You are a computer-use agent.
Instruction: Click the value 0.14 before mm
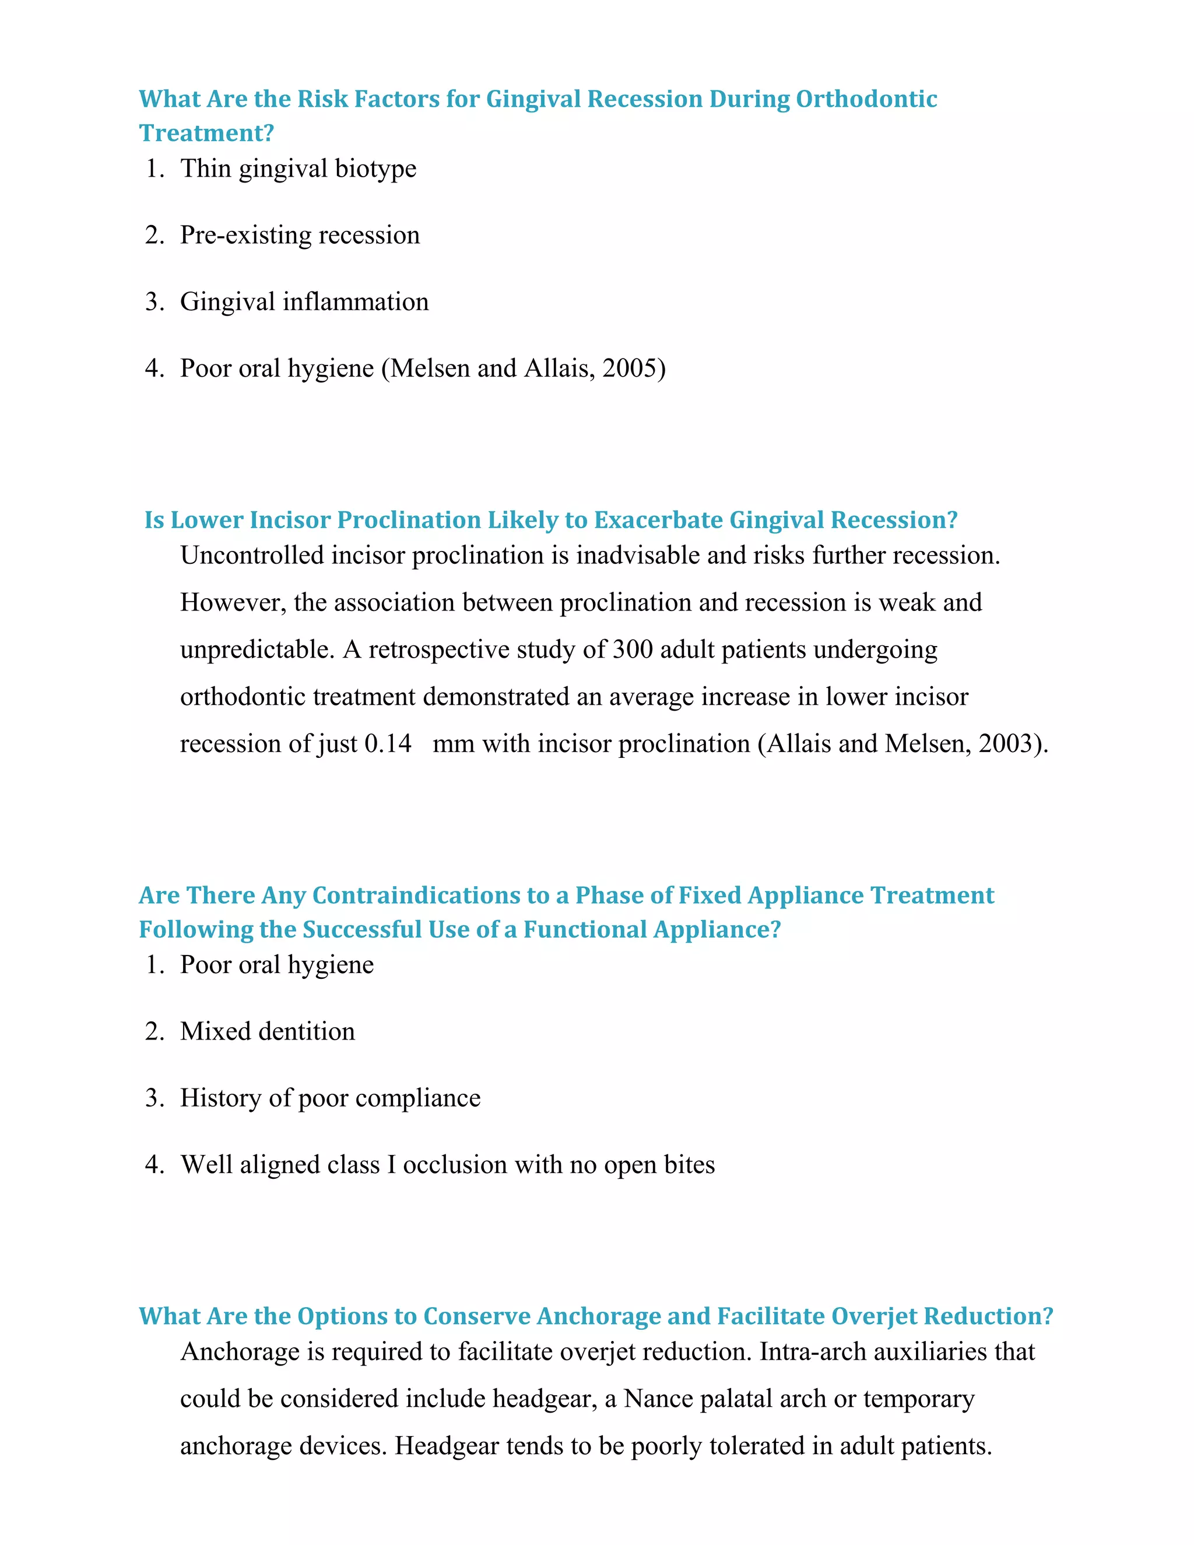(388, 744)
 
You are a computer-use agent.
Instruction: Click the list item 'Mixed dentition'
(268, 1031)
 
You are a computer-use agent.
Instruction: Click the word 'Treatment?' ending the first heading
(206, 133)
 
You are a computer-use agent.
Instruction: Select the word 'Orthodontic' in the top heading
(866, 99)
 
